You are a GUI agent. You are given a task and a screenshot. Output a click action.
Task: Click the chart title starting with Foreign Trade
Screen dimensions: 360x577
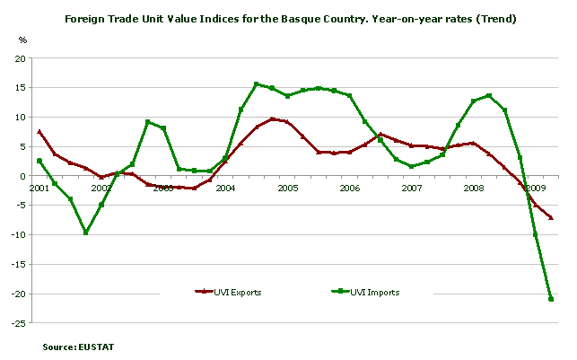[x=288, y=17]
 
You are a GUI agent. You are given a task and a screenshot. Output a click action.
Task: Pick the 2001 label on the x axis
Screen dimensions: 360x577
[x=39, y=189]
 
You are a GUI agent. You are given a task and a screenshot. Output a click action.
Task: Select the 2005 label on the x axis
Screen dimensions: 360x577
[x=287, y=189]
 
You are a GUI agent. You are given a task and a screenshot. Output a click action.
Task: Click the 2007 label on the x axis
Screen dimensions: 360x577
[x=412, y=189]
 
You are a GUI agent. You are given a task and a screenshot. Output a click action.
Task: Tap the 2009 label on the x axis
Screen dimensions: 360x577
[x=536, y=189]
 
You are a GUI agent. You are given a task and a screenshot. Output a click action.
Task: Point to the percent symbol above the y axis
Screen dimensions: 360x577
[x=23, y=40]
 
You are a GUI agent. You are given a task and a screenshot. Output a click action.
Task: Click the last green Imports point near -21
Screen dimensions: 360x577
[x=550, y=299]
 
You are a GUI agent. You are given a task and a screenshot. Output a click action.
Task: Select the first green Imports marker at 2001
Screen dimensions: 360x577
[x=39, y=161]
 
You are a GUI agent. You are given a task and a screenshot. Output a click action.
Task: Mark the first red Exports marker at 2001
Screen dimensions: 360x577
[x=39, y=132]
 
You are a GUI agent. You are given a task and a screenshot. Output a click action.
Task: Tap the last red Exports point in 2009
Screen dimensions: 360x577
[x=550, y=218]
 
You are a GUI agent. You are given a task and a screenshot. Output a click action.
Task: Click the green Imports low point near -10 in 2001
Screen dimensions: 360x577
[x=86, y=233]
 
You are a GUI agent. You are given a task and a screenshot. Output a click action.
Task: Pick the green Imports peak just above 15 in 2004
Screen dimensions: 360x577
[x=257, y=84]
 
